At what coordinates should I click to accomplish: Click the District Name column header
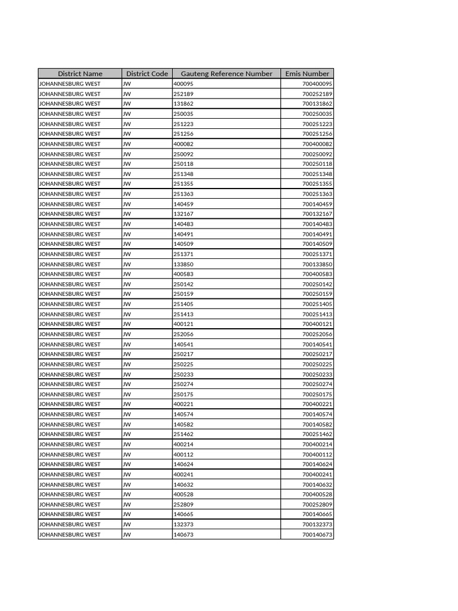point(80,73)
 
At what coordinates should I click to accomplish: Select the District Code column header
point(147,73)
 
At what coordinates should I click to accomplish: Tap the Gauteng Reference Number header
point(226,73)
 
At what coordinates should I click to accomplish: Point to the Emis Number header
point(307,73)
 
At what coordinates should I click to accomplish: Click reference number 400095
point(183,84)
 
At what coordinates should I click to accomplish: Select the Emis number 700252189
point(317,94)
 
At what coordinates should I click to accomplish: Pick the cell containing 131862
point(183,104)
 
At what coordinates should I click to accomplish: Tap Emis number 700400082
point(317,144)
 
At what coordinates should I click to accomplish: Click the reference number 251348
point(183,174)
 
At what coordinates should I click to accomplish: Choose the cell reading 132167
point(183,214)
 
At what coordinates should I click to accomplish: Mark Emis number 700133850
point(317,264)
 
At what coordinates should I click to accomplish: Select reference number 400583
point(183,274)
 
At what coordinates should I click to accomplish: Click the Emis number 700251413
point(317,314)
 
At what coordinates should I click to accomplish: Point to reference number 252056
point(183,334)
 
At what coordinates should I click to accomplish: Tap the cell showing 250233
point(183,374)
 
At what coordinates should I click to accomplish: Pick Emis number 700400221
point(317,404)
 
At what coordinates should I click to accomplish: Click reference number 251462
point(183,434)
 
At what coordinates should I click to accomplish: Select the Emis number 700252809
point(317,504)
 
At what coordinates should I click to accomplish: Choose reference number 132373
point(183,524)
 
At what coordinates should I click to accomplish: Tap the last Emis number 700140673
point(317,535)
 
